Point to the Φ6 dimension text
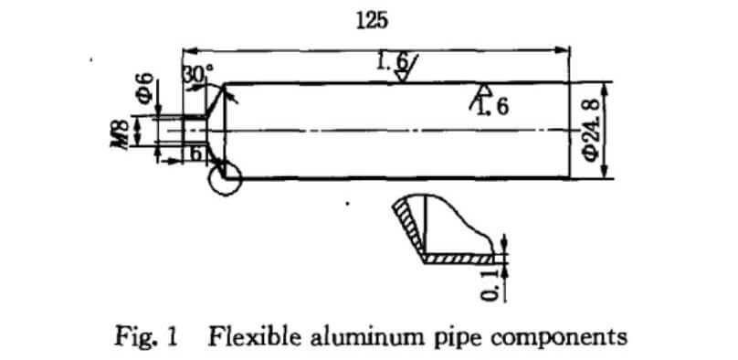tap(144, 88)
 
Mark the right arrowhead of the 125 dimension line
tap(564, 48)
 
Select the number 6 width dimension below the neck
tap(195, 154)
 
